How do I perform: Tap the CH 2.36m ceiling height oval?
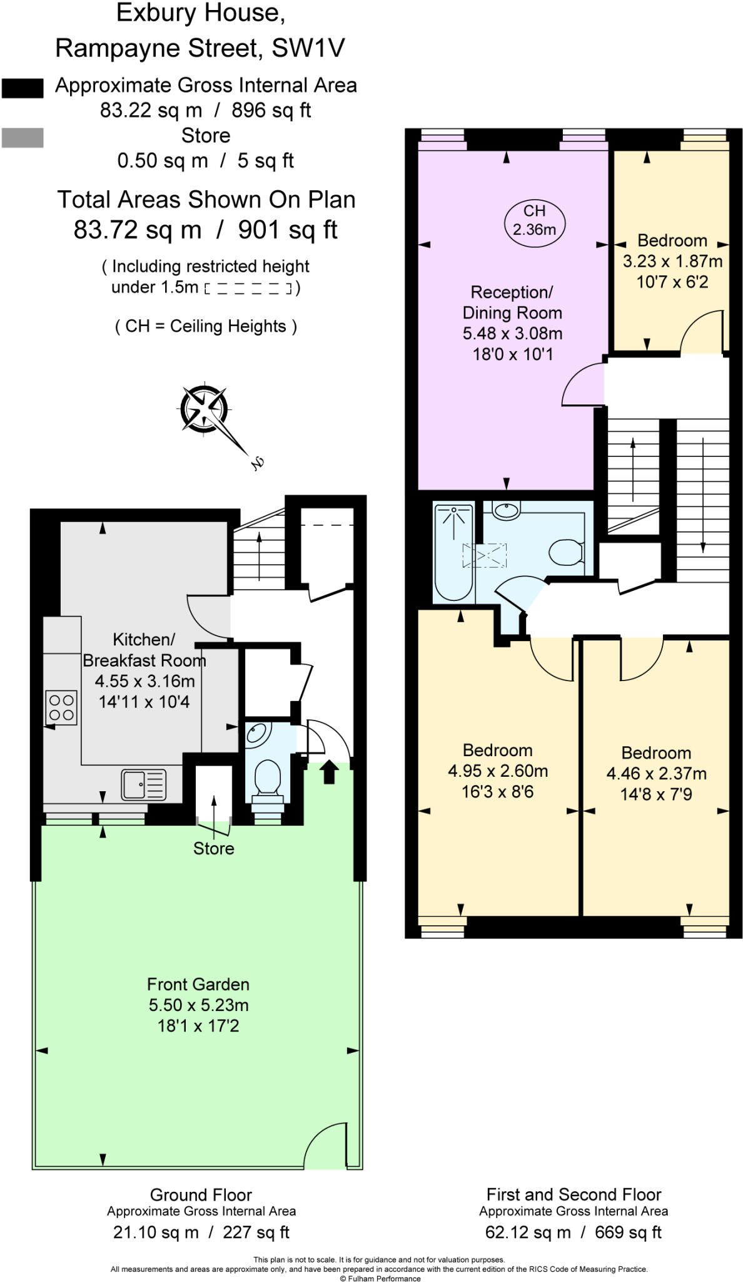[534, 221]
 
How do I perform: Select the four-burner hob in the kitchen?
[61, 707]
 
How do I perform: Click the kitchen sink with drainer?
[144, 784]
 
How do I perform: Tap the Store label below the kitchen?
[213, 848]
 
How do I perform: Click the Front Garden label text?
[198, 984]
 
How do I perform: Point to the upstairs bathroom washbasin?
[506, 510]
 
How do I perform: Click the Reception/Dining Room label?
[512, 302]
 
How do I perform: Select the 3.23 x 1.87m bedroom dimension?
[672, 261]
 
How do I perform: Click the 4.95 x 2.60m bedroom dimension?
[498, 771]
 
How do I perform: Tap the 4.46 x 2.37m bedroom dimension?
[656, 773]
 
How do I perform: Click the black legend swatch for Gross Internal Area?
[23, 88]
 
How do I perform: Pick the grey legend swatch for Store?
[23, 138]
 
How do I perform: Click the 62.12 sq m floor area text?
[528, 1232]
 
